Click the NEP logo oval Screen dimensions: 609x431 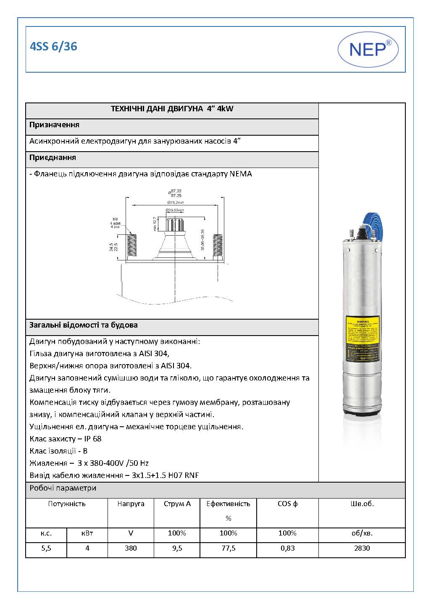pyautogui.click(x=368, y=50)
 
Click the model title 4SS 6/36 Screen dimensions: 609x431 pyautogui.click(x=53, y=47)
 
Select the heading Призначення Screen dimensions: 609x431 pyautogui.click(x=54, y=125)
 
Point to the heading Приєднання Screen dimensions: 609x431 pyautogui.click(x=53, y=157)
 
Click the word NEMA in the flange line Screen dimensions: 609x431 pyautogui.click(x=241, y=174)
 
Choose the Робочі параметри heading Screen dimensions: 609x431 pyautogui.click(x=63, y=488)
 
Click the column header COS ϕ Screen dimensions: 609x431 pyautogui.click(x=287, y=504)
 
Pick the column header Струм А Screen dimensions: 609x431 pyautogui.click(x=177, y=504)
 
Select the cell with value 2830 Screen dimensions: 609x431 pyautogui.click(x=362, y=548)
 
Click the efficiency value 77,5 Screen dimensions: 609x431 pyautogui.click(x=228, y=548)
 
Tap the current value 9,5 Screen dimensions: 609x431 pyautogui.click(x=177, y=548)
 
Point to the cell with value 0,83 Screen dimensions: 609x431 pyautogui.click(x=287, y=548)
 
